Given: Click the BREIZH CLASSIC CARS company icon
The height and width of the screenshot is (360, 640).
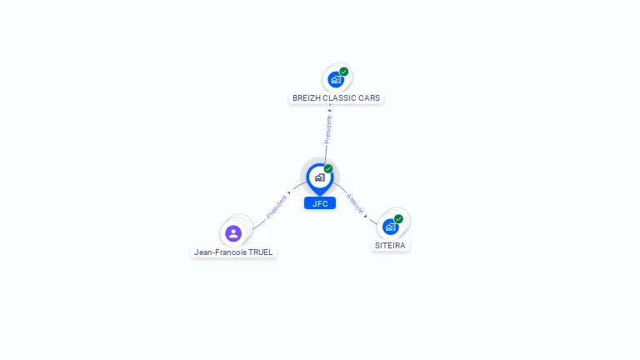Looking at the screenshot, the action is pyautogui.click(x=336, y=79).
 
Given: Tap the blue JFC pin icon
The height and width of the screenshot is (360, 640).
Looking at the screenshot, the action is pyautogui.click(x=319, y=177).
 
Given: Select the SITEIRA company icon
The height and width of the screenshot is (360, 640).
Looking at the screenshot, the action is pyautogui.click(x=390, y=226).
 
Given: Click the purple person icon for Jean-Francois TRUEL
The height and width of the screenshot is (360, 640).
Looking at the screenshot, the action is pyautogui.click(x=233, y=232).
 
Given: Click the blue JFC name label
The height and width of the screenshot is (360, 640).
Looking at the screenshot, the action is pyautogui.click(x=320, y=203).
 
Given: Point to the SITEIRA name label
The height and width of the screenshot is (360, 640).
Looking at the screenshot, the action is pyautogui.click(x=390, y=246).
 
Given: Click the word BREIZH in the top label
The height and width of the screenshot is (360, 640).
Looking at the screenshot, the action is pyautogui.click(x=306, y=98).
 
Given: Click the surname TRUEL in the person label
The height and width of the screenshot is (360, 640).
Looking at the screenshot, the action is pyautogui.click(x=261, y=252).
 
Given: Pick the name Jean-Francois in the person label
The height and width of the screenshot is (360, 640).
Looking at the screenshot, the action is pyautogui.click(x=220, y=252).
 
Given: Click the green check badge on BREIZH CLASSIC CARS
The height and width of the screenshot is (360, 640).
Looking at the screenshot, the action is pyautogui.click(x=344, y=72).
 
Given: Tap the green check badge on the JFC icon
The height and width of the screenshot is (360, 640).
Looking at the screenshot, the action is pyautogui.click(x=328, y=169).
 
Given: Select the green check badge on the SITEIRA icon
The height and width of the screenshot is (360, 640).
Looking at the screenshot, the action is pyautogui.click(x=398, y=218).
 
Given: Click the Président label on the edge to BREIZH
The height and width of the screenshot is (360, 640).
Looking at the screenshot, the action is pyautogui.click(x=327, y=128).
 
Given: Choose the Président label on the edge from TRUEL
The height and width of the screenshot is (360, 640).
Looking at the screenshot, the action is pyautogui.click(x=276, y=207).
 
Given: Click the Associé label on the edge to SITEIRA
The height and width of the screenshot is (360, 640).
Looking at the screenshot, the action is pyautogui.click(x=354, y=203).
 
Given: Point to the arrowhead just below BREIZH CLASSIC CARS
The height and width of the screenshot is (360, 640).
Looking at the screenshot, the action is pyautogui.click(x=329, y=109).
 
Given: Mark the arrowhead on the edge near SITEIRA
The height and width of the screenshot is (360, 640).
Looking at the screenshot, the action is pyautogui.click(x=366, y=215).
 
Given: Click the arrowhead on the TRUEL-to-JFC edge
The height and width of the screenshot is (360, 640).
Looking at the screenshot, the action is pyautogui.click(x=289, y=192).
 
